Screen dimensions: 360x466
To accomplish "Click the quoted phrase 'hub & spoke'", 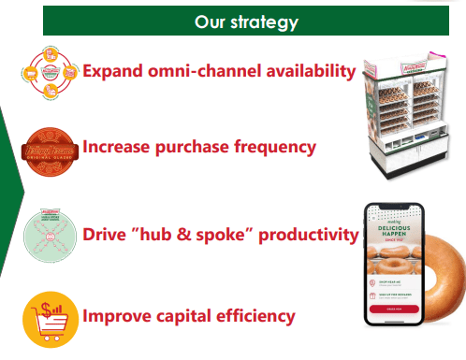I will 197,234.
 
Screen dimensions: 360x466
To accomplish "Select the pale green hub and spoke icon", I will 50,234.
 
